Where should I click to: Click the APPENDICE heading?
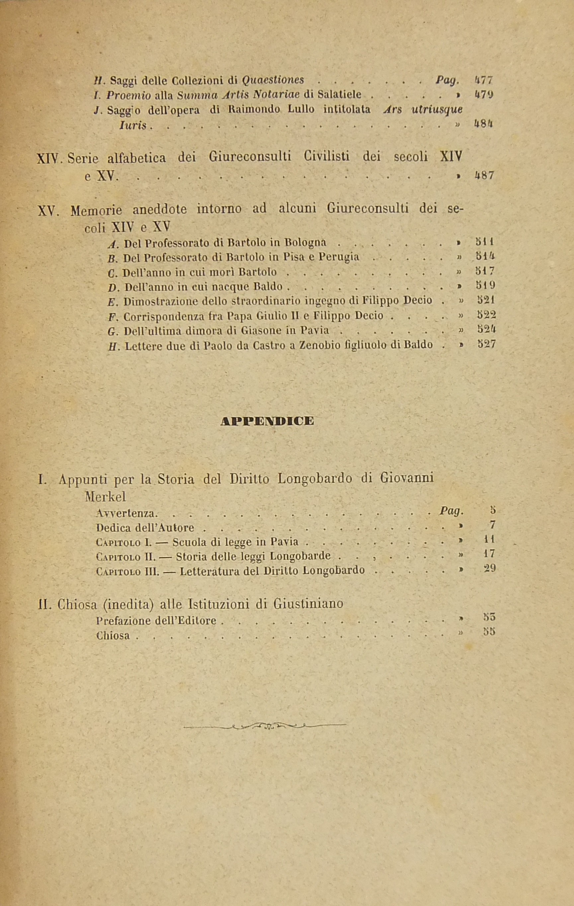click(x=267, y=421)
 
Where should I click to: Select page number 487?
click(x=484, y=175)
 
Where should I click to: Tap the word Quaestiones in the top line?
click(x=273, y=80)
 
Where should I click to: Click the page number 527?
click(x=486, y=344)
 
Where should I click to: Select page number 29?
click(x=489, y=569)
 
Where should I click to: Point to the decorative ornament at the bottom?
click(x=265, y=725)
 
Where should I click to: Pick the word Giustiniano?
click(x=308, y=603)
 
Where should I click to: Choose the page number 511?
click(x=486, y=241)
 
